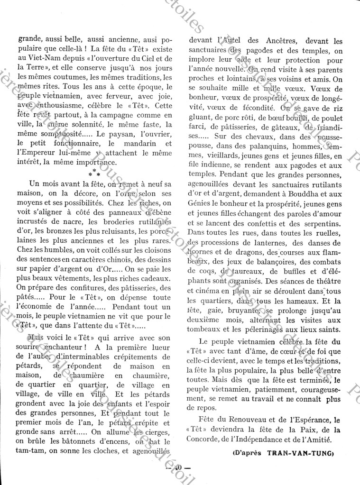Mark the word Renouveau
pos(252,419)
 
